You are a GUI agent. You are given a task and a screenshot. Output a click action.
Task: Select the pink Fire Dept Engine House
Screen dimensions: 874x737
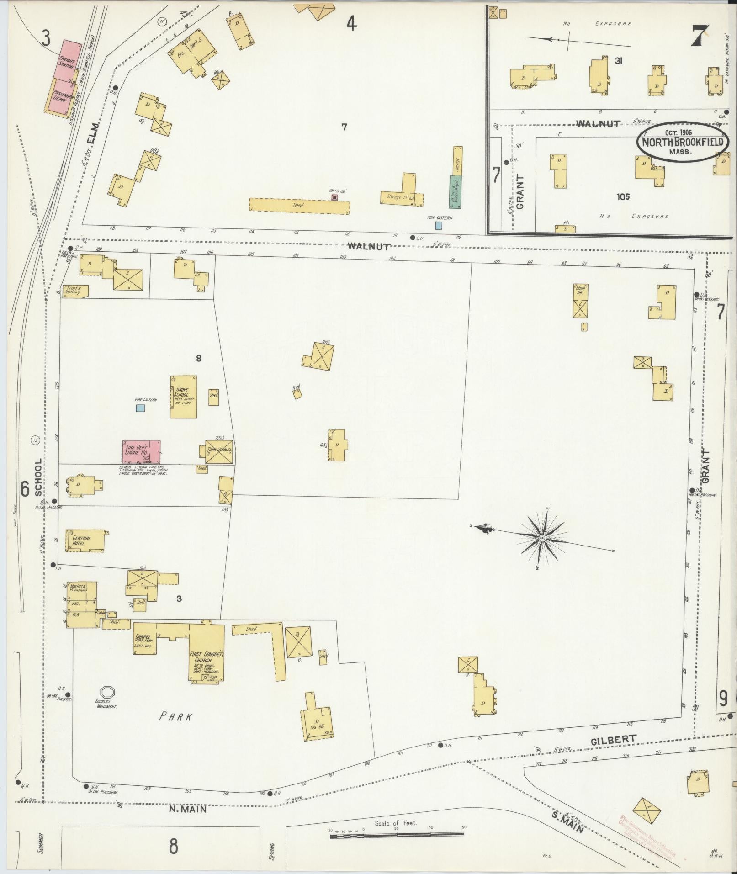click(x=141, y=452)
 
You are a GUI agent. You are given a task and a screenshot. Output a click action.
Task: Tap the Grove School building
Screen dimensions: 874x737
click(x=184, y=397)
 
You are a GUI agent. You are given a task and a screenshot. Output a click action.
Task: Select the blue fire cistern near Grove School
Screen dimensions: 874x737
click(x=141, y=408)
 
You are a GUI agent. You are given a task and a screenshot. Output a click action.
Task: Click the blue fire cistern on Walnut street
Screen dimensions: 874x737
click(x=439, y=225)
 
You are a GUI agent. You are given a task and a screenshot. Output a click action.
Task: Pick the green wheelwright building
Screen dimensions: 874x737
click(x=456, y=191)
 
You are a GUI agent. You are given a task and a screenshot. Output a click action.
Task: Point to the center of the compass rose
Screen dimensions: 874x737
click(x=542, y=538)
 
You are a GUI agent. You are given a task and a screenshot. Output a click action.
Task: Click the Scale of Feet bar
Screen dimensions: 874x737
click(x=397, y=837)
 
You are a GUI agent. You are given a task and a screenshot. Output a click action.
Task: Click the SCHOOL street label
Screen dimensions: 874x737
click(x=38, y=477)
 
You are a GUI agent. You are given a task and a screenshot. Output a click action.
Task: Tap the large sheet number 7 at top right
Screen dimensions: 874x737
click(x=700, y=35)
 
